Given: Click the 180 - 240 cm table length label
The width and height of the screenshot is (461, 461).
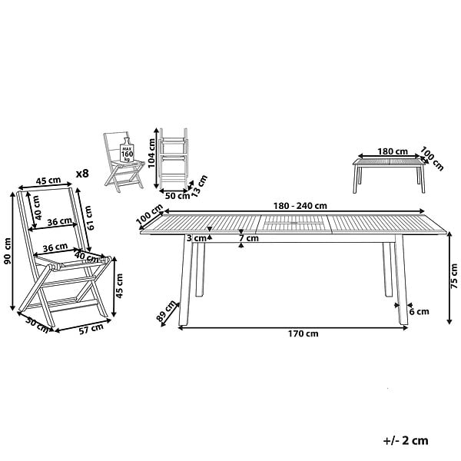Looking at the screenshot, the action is [300, 206].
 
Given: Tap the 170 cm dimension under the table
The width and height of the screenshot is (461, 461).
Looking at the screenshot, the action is [303, 333].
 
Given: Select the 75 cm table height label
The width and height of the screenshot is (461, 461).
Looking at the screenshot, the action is [454, 276].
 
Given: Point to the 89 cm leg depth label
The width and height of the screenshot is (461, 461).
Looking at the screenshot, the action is [167, 310].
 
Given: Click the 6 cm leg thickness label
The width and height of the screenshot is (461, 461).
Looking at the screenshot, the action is [420, 312].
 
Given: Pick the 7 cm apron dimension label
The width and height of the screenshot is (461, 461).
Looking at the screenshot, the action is [249, 238].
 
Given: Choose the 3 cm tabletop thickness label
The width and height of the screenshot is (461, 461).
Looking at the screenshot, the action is [197, 238].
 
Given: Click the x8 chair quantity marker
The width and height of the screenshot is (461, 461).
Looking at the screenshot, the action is [82, 174].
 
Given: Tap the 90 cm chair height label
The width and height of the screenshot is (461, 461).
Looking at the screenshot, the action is [7, 250].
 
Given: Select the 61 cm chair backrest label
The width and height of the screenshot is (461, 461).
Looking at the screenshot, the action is [88, 218].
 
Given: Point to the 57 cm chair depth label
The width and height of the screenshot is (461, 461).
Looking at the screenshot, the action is [91, 329].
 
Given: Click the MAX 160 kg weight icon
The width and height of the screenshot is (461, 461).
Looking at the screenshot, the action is [127, 150].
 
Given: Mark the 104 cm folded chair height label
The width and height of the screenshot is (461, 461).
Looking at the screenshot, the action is [151, 153].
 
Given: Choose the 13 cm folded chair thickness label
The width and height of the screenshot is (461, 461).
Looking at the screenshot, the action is [198, 184].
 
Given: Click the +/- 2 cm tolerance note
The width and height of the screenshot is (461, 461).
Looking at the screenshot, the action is [406, 441].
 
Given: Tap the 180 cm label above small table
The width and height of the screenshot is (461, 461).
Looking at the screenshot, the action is [393, 151].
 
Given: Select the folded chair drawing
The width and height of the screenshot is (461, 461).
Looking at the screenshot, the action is [173, 159].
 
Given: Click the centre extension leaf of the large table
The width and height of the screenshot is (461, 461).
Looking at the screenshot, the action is [294, 224].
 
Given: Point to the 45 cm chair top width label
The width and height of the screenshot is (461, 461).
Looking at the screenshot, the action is [48, 181].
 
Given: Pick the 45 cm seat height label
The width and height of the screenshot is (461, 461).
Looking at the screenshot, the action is [119, 286].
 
